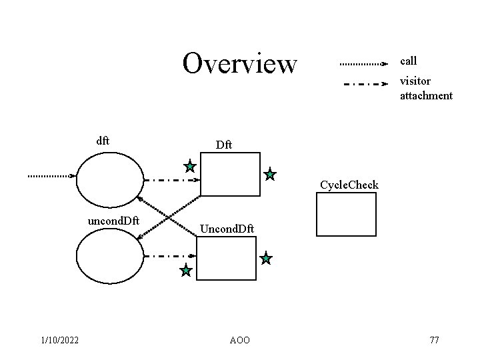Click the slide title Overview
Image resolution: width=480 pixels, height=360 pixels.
[x=239, y=64]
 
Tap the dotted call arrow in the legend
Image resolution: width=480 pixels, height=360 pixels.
[x=363, y=65]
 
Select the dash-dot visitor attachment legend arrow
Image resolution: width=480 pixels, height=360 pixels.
[x=364, y=85]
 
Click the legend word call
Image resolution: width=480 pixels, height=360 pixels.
[x=408, y=61]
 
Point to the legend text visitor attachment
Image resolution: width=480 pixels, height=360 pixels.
[x=425, y=88]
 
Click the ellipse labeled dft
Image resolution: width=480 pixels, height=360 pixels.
[x=110, y=180]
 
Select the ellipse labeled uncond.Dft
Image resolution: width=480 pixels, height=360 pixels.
[x=110, y=257]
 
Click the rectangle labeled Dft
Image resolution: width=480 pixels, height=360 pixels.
[x=230, y=175]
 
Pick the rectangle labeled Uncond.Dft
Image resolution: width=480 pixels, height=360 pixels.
[x=227, y=259]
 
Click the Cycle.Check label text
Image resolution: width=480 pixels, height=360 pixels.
[x=349, y=185]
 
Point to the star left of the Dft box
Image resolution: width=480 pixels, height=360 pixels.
[x=190, y=166]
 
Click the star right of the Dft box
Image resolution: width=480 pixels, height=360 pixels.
[x=269, y=175]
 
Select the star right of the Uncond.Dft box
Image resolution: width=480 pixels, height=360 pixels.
[x=266, y=259]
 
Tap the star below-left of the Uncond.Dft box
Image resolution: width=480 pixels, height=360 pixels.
[x=186, y=271]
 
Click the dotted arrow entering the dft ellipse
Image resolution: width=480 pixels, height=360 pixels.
[x=51, y=176]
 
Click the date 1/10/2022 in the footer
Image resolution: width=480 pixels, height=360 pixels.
[x=59, y=341]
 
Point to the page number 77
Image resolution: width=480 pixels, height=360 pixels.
[x=434, y=341]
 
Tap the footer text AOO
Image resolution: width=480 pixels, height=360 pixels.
[x=239, y=341]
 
